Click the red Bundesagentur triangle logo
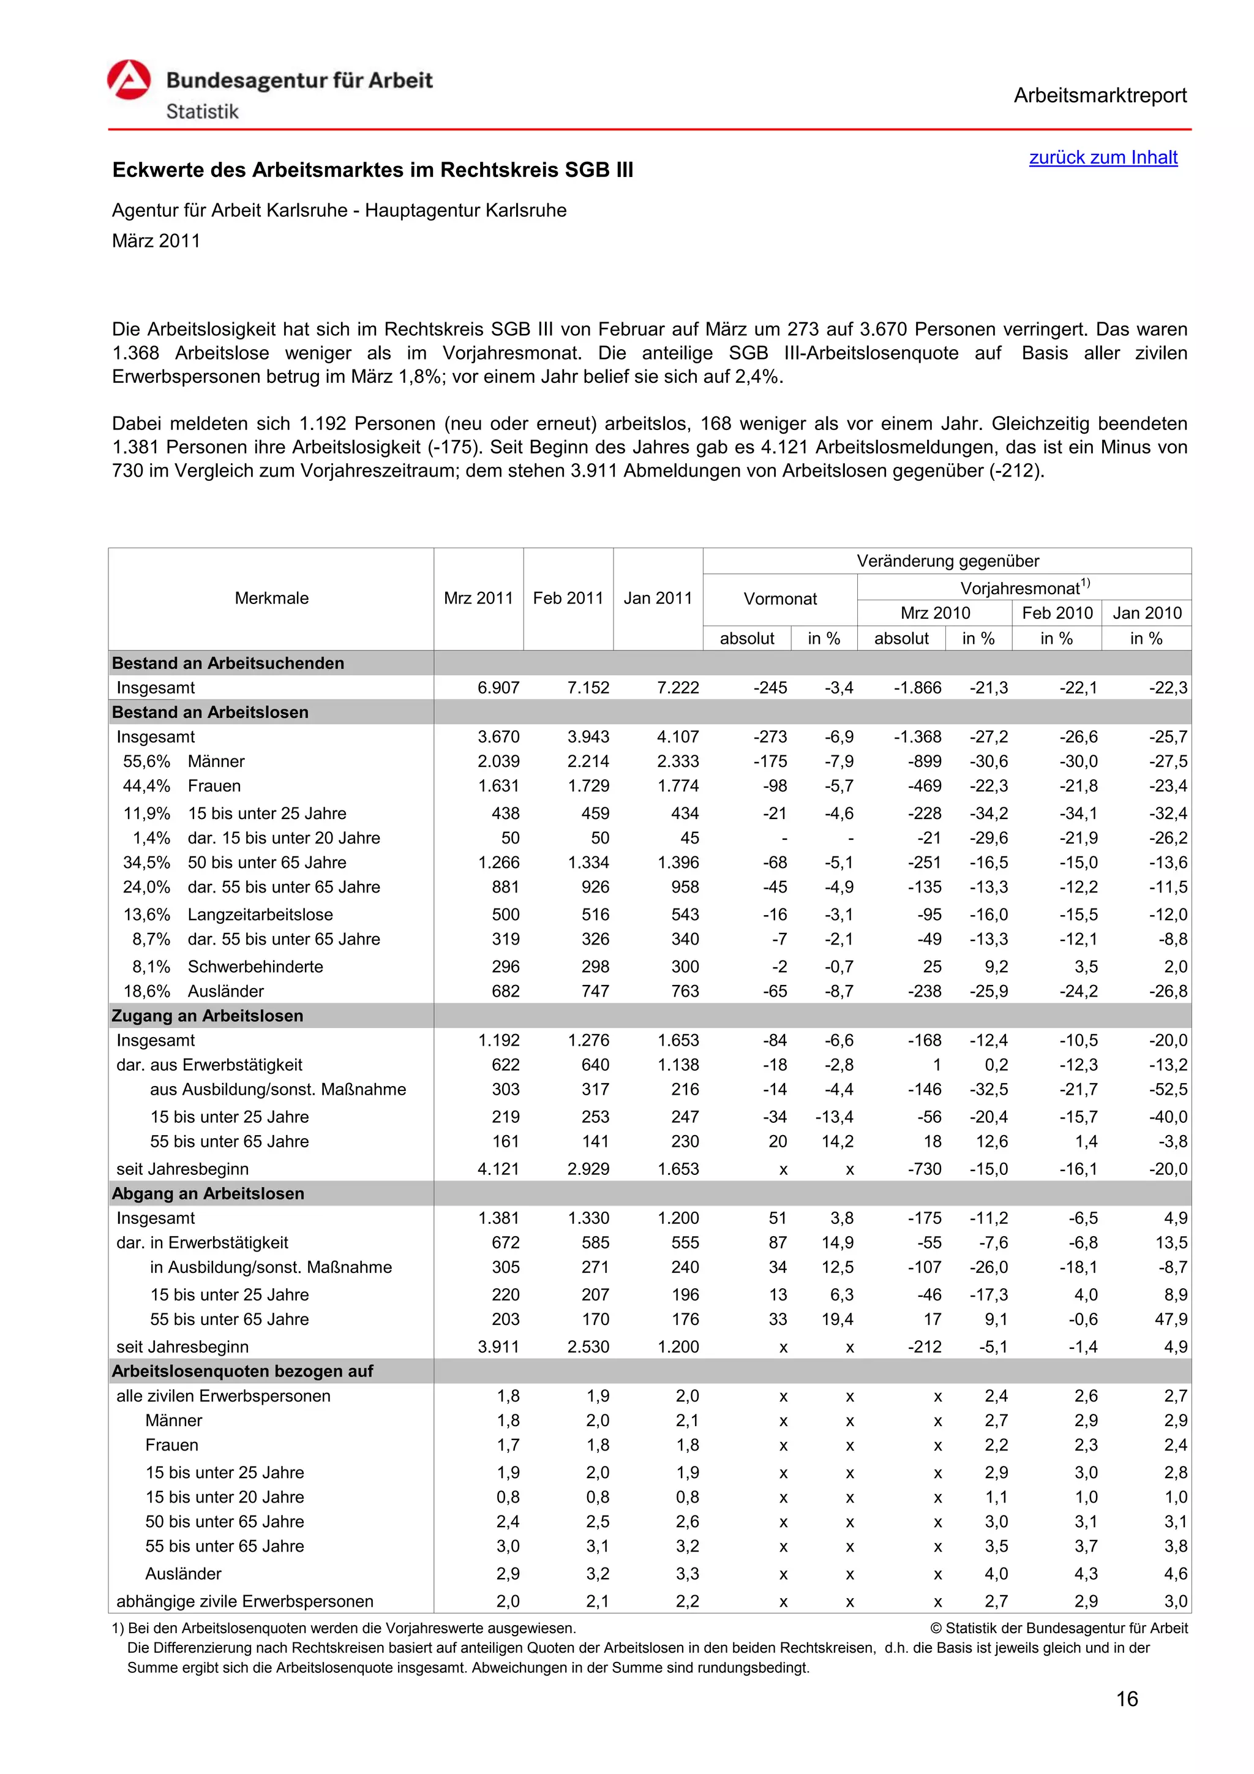click(129, 80)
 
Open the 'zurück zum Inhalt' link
click(1103, 157)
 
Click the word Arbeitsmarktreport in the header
click(1100, 96)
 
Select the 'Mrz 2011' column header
click(478, 598)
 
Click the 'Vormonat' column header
click(780, 599)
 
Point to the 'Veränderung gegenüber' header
click(947, 561)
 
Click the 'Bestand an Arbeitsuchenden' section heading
click(228, 663)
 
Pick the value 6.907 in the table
click(498, 688)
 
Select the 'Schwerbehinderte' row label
click(255, 967)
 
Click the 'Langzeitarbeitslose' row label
click(260, 915)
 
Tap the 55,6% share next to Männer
click(147, 761)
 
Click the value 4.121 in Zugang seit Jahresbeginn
click(498, 1169)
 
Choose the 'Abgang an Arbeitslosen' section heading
click(208, 1194)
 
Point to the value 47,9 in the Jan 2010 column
click(1171, 1319)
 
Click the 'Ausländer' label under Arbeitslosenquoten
click(183, 1574)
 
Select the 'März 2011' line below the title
click(156, 241)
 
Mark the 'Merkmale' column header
click(271, 598)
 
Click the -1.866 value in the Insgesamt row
click(917, 688)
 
